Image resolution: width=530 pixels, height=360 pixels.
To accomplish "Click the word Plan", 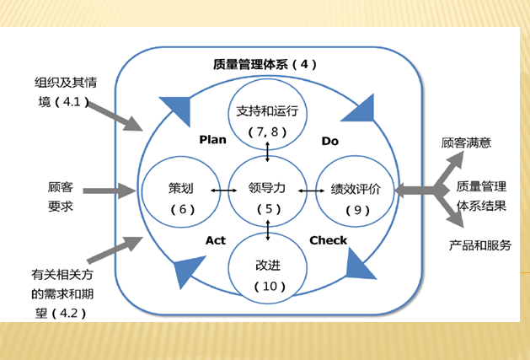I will (213, 139).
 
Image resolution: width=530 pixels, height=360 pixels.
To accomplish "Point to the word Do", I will (329, 141).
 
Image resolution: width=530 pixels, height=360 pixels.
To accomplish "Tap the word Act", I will (216, 240).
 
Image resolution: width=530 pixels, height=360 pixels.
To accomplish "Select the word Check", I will (328, 240).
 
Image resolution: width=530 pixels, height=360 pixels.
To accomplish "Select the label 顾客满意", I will (466, 142).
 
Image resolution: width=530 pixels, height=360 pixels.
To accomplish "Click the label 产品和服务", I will (479, 245).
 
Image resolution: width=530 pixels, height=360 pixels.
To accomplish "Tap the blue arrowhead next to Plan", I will (174, 108).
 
